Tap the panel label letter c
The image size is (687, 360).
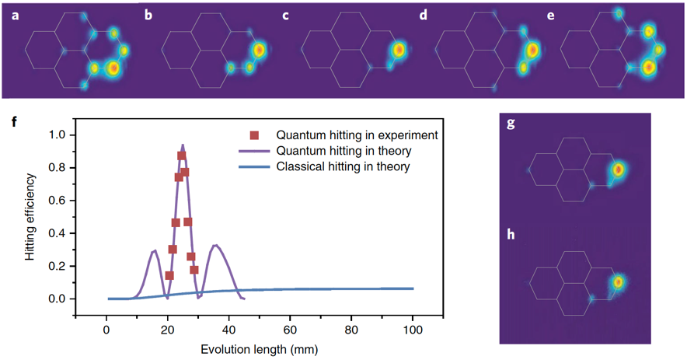[x=286, y=15]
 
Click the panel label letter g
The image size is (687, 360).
[x=511, y=124]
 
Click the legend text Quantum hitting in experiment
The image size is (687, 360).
[x=357, y=135]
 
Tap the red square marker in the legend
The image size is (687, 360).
[x=254, y=135]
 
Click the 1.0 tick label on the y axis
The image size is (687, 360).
[x=56, y=135]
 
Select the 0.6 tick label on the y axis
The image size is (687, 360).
[x=56, y=201]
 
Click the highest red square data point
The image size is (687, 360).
[x=182, y=156]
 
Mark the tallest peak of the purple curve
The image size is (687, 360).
[x=183, y=145]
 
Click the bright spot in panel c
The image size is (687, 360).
[x=399, y=51]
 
